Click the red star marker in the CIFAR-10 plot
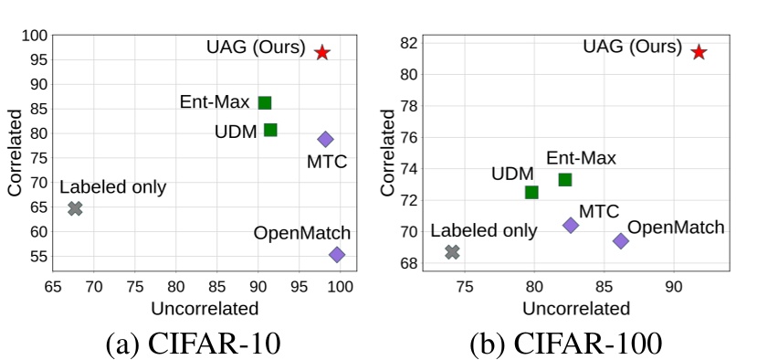(x=322, y=53)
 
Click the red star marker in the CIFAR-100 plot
(x=699, y=52)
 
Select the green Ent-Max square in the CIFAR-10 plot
(x=265, y=102)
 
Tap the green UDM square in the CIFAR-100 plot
(x=531, y=192)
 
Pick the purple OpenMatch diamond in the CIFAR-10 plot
(x=337, y=255)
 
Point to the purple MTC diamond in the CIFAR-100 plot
(x=571, y=225)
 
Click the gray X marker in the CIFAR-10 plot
(x=75, y=208)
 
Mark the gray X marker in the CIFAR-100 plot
(x=452, y=251)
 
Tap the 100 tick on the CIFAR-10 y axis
(x=34, y=36)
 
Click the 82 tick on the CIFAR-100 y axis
(x=412, y=42)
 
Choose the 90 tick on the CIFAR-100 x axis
(x=673, y=286)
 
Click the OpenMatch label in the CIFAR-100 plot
(x=676, y=228)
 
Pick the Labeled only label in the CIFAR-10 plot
(x=113, y=187)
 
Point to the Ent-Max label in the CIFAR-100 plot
(x=581, y=158)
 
